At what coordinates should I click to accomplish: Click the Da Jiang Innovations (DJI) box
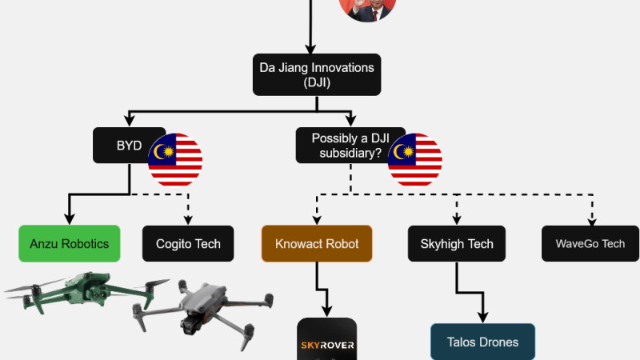click(x=318, y=75)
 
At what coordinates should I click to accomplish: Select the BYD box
click(x=128, y=146)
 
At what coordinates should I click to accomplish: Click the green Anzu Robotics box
click(x=69, y=244)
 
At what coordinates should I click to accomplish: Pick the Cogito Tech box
click(x=188, y=244)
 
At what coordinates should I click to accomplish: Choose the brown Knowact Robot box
click(x=318, y=244)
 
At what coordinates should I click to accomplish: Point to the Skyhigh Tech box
click(x=457, y=244)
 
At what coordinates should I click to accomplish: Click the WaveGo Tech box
click(x=590, y=244)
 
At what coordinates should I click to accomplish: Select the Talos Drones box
click(x=482, y=342)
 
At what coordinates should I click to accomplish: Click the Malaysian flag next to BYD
click(x=175, y=159)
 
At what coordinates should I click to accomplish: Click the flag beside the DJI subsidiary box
click(x=414, y=159)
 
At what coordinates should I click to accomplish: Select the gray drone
click(x=206, y=307)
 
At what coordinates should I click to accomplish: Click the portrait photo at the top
click(x=368, y=10)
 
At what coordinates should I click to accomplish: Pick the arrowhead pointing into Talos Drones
click(x=482, y=318)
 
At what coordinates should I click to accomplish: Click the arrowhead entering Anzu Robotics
click(x=69, y=219)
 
